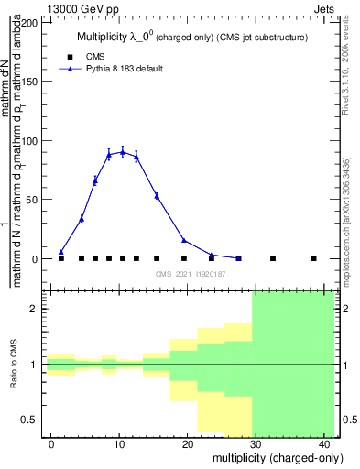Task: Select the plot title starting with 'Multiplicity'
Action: point(191,38)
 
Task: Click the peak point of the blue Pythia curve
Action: point(123,152)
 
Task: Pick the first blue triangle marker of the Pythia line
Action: point(61,252)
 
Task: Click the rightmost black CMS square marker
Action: point(313,258)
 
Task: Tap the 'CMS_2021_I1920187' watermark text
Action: point(190,274)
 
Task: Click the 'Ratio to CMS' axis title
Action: point(14,365)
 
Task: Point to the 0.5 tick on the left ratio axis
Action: point(32,420)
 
